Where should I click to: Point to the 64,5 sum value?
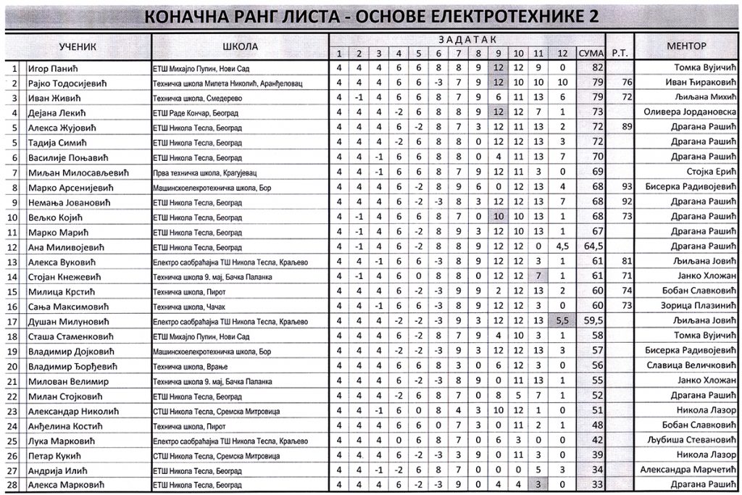click(x=593, y=247)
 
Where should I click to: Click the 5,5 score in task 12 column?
click(x=563, y=320)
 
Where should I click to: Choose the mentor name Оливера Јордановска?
click(x=689, y=112)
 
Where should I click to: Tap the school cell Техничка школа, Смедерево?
click(x=192, y=98)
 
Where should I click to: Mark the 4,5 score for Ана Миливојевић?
click(x=563, y=247)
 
